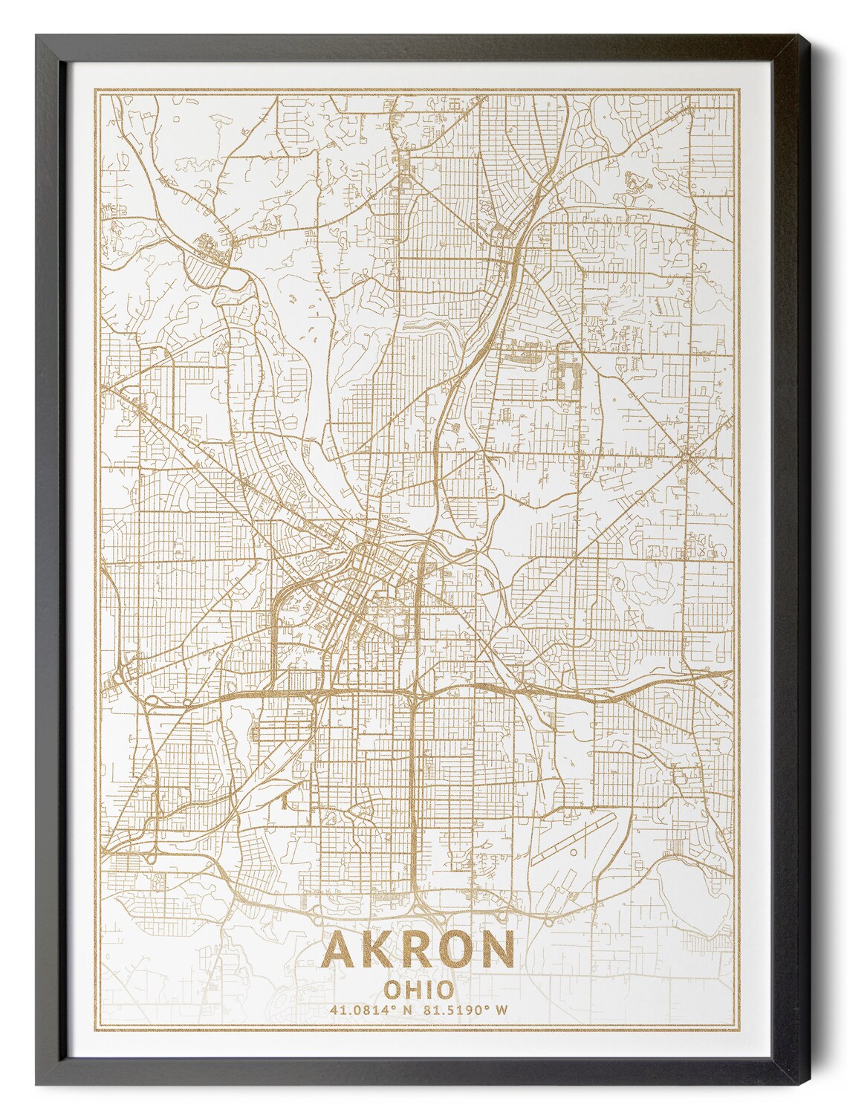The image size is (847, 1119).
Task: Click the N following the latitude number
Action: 406,1010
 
